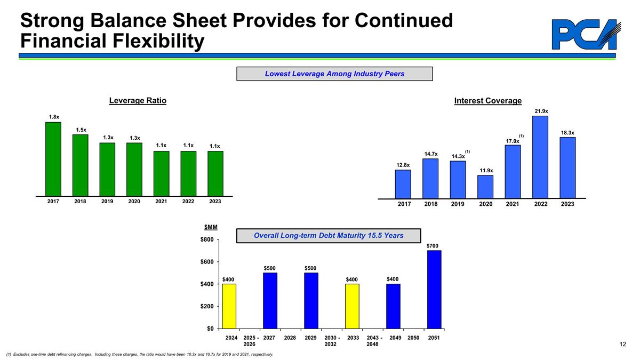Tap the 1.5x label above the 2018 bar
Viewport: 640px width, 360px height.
(x=81, y=130)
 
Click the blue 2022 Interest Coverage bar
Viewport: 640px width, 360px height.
(x=540, y=157)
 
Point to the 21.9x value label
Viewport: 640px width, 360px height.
(x=541, y=111)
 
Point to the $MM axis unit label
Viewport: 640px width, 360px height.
(x=210, y=229)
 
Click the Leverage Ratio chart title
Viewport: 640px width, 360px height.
(x=138, y=101)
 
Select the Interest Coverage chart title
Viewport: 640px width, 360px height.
(x=487, y=101)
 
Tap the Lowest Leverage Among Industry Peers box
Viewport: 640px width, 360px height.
(x=334, y=74)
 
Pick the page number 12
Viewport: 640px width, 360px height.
(x=622, y=345)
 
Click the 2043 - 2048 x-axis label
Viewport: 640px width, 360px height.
(x=372, y=341)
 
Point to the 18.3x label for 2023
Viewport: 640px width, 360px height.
(x=567, y=132)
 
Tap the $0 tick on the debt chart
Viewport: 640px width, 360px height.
(x=209, y=329)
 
